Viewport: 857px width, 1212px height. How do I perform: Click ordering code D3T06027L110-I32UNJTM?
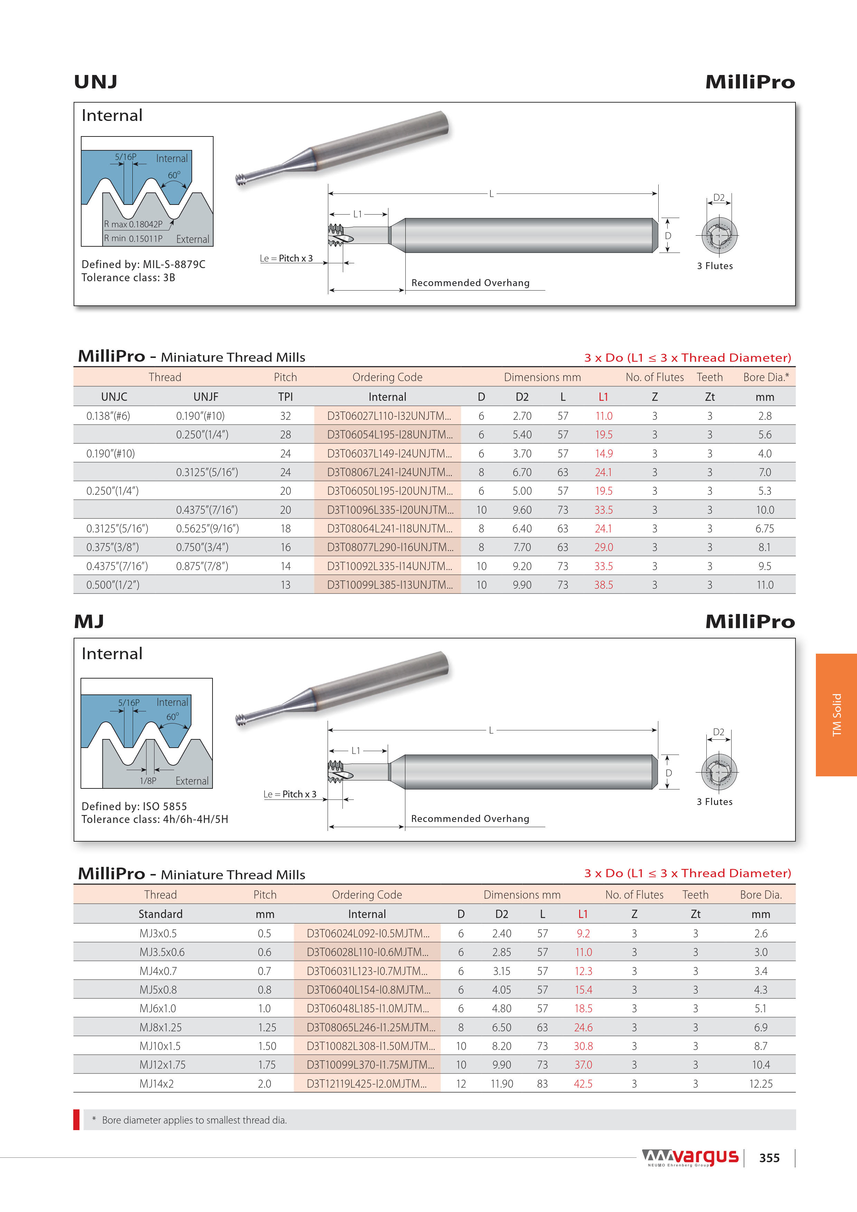tap(389, 416)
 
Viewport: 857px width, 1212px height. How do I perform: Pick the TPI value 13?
tap(285, 585)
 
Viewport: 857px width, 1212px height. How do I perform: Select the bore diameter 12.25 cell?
tap(760, 1084)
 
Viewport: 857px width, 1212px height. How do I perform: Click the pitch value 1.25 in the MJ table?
tap(267, 1027)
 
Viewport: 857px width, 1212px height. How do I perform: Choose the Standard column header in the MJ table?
tap(161, 914)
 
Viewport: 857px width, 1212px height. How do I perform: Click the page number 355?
tap(769, 1158)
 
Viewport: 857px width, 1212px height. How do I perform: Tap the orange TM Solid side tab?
tap(836, 715)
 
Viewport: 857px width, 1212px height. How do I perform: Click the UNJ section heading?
tap(96, 82)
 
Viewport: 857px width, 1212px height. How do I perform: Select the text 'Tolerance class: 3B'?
tap(128, 278)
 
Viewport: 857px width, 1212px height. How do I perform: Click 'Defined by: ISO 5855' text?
tap(134, 806)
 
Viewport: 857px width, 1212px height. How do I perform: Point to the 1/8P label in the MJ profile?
tap(148, 781)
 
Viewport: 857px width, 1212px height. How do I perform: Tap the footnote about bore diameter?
tap(194, 1120)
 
